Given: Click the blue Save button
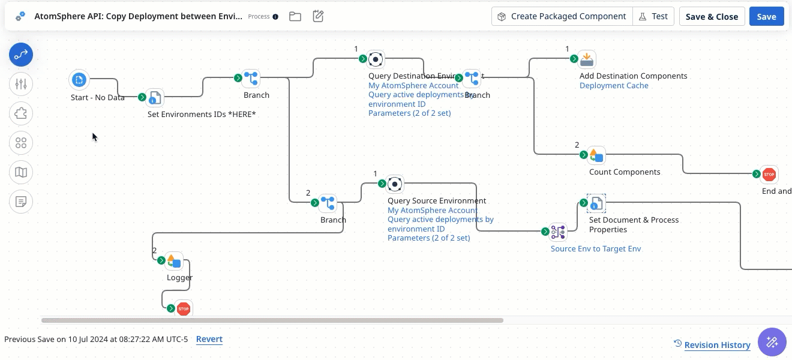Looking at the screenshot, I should [766, 17].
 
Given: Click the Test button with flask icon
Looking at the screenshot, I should [653, 17].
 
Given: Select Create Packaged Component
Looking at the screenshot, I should [562, 17].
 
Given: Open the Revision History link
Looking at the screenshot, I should [717, 344].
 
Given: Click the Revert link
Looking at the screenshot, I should [209, 339].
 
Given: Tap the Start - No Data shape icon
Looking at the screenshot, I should [79, 79].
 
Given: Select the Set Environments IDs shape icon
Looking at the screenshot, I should [155, 97].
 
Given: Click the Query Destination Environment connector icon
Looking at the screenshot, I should [376, 59].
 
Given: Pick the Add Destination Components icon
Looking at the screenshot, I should [587, 59].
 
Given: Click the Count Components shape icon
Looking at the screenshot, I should [596, 155].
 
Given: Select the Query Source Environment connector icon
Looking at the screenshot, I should [395, 184].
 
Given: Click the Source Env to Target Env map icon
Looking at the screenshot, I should [558, 232].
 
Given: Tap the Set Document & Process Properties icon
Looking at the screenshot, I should [596, 203].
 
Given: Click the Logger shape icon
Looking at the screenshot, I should [174, 260].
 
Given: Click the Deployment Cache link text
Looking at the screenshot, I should [614, 86].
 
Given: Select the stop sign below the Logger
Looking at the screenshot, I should [184, 308].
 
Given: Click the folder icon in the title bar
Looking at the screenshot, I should [295, 17].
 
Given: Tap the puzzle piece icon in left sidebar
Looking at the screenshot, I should [21, 113].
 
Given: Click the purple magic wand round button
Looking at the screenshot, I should [772, 342].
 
